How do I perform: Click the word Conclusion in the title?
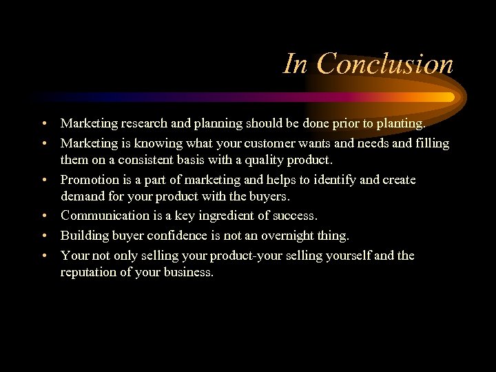pos(386,65)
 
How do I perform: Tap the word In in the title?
pos(296,65)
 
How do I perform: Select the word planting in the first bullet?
pos(400,124)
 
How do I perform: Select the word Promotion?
pos(89,180)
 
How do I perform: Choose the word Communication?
pos(106,216)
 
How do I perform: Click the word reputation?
pos(90,272)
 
